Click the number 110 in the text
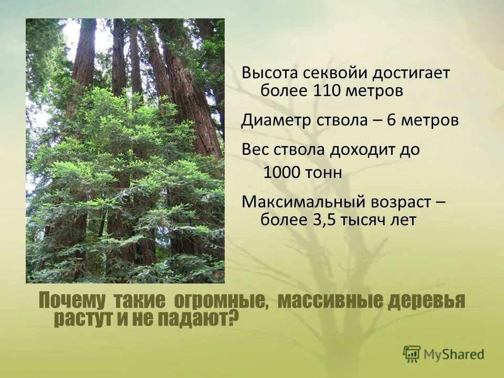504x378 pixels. pyautogui.click(x=328, y=90)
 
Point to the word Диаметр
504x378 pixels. pyautogui.click(x=274, y=120)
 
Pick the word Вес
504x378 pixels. pyautogui.click(x=254, y=150)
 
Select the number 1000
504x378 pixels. pyautogui.click(x=279, y=173)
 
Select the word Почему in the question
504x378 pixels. pyautogui.click(x=72, y=301)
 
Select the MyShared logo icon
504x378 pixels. pyautogui.click(x=412, y=353)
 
